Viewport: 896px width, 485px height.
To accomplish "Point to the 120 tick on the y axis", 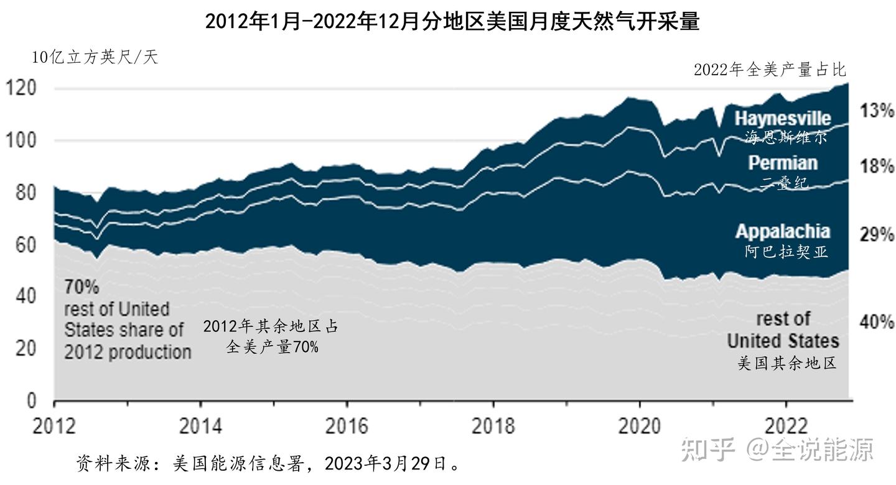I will pyautogui.click(x=22, y=88).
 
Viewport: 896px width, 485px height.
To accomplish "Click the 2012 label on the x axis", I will pyautogui.click(x=55, y=427).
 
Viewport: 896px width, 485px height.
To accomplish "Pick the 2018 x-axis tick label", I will pyautogui.click(x=493, y=427).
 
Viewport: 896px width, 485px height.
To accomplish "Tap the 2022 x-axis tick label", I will pyautogui.click(x=785, y=427).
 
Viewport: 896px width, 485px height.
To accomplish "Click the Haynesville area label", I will pyautogui.click(x=782, y=118).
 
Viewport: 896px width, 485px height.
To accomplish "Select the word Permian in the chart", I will pyautogui.click(x=782, y=163).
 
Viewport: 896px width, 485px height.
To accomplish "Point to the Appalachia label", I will pyautogui.click(x=782, y=231).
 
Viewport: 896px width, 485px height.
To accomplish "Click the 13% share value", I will pyautogui.click(x=877, y=111).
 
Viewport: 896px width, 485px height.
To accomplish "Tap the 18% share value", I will pyautogui.click(x=877, y=167).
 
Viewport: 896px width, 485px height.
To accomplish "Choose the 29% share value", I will pyautogui.click(x=877, y=235).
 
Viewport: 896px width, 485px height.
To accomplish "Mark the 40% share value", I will pyautogui.click(x=877, y=322).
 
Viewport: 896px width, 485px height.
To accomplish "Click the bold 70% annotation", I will pyautogui.click(x=82, y=287).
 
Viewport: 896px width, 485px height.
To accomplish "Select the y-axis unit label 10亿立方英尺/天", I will pyautogui.click(x=95, y=58).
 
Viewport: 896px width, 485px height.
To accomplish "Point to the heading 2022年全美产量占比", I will pyautogui.click(x=770, y=70).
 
